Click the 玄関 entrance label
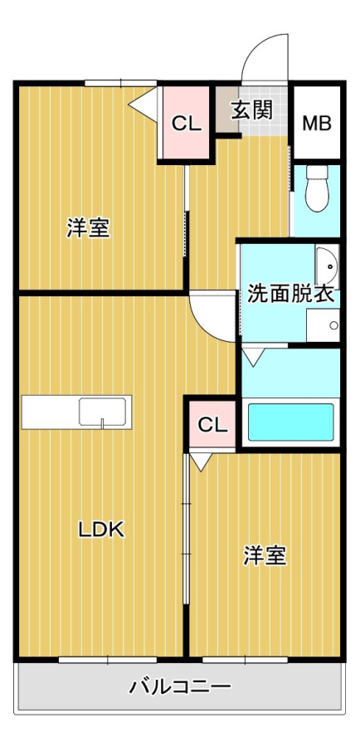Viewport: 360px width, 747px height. point(252,110)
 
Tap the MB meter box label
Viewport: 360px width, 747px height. point(317,124)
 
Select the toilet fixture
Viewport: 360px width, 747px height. point(317,188)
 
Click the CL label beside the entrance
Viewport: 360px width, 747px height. point(187,124)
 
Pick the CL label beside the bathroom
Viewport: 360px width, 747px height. point(212,424)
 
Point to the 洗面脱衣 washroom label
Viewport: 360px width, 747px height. point(290,295)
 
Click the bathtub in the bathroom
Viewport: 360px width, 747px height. point(290,422)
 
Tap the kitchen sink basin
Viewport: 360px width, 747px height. point(102,412)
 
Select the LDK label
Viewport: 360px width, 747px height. point(101,530)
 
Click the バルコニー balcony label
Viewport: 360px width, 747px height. point(181,687)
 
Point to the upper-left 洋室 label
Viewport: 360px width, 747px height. point(88,227)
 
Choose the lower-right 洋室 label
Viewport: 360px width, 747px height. point(265,555)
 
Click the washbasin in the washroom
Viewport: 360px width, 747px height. point(327,266)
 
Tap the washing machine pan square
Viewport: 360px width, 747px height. point(323,325)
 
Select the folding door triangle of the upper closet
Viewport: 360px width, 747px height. point(143,102)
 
